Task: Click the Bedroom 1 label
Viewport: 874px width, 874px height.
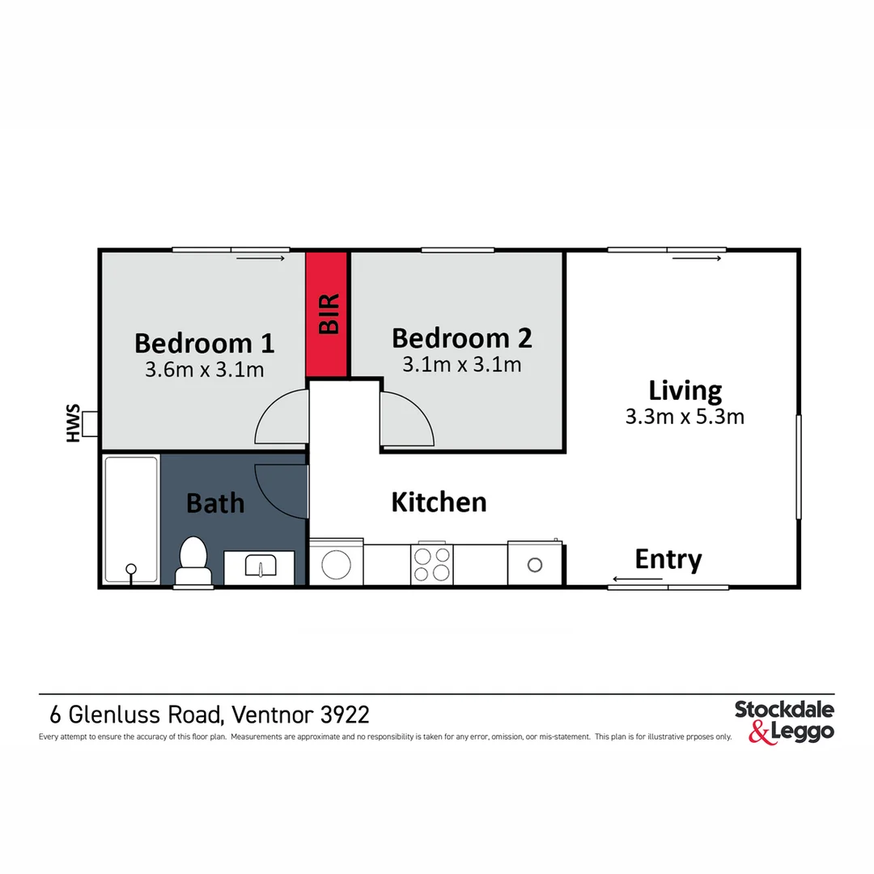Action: click(x=205, y=343)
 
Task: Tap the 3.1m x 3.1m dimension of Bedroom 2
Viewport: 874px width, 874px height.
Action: click(x=462, y=364)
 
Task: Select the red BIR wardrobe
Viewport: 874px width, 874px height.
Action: click(x=327, y=314)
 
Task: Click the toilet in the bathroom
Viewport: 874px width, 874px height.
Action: click(x=193, y=560)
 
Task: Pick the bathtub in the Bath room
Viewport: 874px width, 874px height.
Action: click(x=132, y=520)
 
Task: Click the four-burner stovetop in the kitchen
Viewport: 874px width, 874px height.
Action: click(x=432, y=564)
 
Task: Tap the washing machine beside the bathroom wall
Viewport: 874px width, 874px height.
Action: click(x=336, y=562)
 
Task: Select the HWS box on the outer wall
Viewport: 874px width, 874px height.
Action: click(x=89, y=423)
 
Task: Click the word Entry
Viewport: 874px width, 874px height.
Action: click(x=668, y=560)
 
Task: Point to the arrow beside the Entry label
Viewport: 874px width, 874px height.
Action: click(x=638, y=579)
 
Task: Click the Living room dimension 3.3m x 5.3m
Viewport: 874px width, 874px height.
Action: click(x=685, y=417)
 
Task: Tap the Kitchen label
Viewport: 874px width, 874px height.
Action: click(x=439, y=503)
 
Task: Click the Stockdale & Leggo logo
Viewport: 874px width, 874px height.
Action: click(x=784, y=723)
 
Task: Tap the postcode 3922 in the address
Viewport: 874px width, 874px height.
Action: click(x=345, y=715)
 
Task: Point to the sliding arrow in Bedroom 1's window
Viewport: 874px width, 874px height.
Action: click(x=261, y=258)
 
